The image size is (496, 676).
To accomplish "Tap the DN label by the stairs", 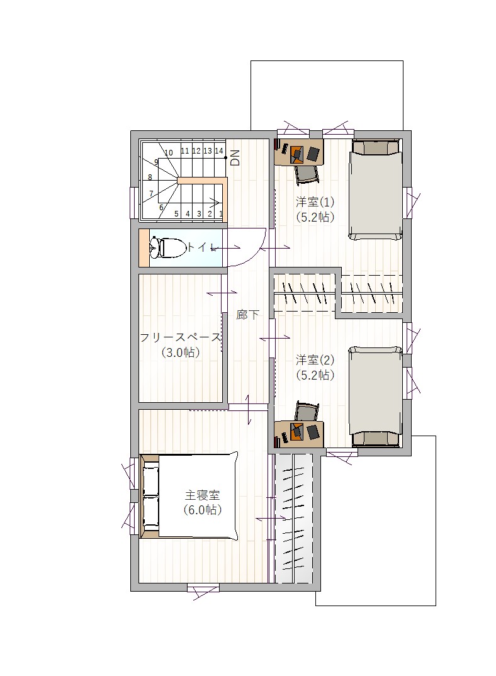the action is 235,158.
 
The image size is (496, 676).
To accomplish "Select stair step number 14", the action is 218,151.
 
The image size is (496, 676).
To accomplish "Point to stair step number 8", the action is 150,177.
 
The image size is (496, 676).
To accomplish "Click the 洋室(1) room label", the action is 315,202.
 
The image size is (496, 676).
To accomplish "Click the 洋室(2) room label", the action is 315,359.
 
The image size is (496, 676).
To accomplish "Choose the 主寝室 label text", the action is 202,495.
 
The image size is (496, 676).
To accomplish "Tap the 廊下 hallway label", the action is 247,315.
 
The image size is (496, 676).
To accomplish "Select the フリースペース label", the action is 180,337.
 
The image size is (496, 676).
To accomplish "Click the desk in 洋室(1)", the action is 299,151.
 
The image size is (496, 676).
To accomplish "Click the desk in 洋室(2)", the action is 299,434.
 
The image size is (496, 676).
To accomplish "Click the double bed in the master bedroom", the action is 189,496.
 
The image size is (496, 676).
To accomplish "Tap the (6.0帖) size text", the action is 202,510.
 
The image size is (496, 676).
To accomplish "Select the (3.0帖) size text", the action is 180,352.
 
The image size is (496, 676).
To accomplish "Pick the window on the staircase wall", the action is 134,203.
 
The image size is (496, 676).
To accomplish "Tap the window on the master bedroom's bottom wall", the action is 203,587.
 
